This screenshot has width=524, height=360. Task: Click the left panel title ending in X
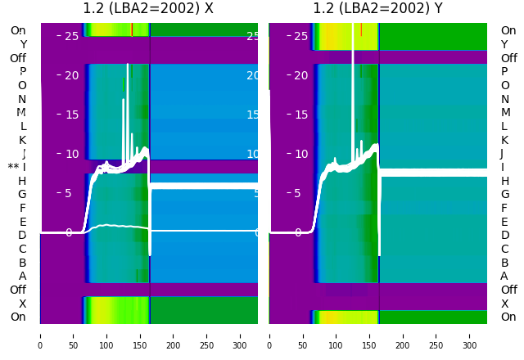[148, 9]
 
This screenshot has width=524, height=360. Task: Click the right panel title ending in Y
[377, 9]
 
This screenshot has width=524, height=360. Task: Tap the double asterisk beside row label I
[13, 168]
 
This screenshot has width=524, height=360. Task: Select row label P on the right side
[504, 72]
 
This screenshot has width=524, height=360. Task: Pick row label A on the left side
[22, 276]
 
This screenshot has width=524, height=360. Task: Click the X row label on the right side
[504, 304]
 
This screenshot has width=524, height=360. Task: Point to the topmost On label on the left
[18, 31]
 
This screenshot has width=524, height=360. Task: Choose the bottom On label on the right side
[508, 317]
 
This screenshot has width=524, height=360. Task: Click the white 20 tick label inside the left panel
[71, 76]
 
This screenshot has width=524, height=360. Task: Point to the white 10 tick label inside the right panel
[300, 155]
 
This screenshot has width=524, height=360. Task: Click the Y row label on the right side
[504, 45]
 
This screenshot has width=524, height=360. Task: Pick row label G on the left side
[22, 195]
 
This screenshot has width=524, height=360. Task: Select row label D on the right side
[504, 236]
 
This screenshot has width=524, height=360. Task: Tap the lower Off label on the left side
[18, 290]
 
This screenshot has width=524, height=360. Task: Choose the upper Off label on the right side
[508, 58]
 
